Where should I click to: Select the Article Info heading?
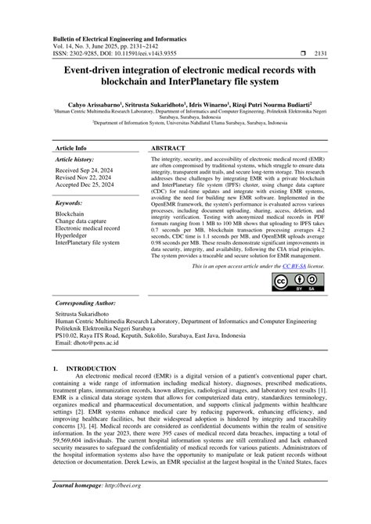[x=72, y=147]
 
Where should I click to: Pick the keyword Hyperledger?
[x=77, y=235]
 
